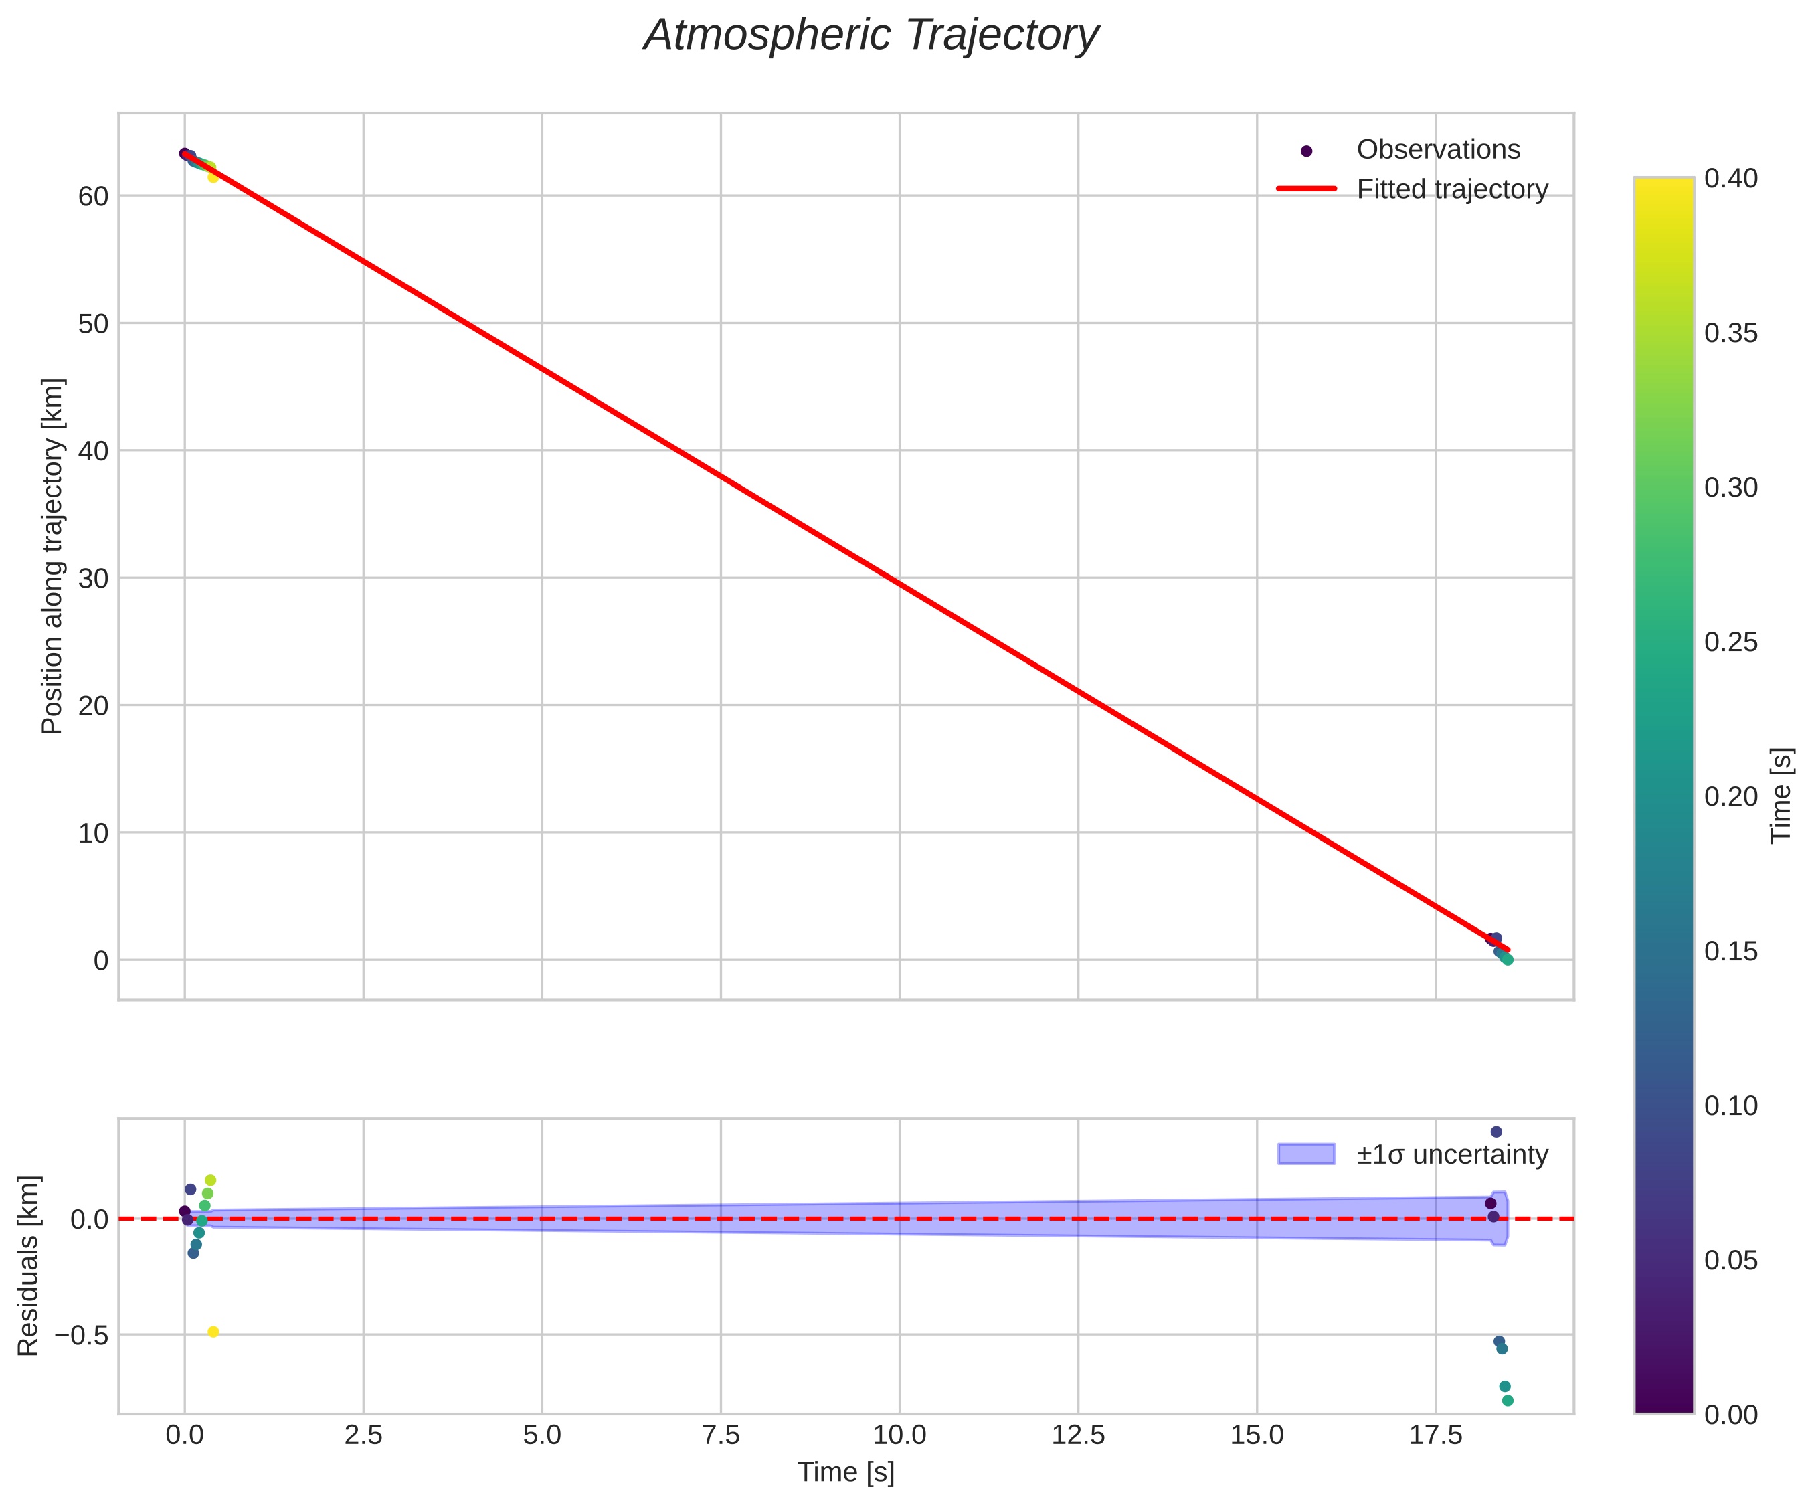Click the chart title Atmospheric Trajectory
pyautogui.click(x=871, y=36)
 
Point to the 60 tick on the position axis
pyautogui.click(x=93, y=197)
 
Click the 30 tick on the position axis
pyautogui.click(x=93, y=579)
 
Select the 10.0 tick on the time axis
pyautogui.click(x=899, y=1435)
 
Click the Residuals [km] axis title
pyautogui.click(x=29, y=1265)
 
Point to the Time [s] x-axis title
pyautogui.click(x=846, y=1473)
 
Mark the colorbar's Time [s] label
pyautogui.click(x=1781, y=796)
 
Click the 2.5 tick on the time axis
pyautogui.click(x=363, y=1435)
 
